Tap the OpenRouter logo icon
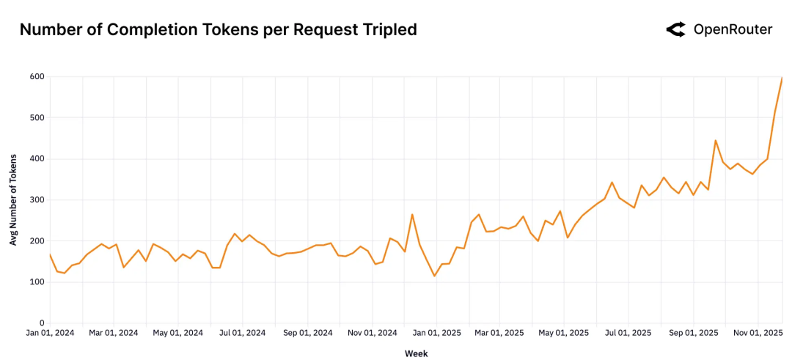(675, 30)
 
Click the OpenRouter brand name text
(733, 30)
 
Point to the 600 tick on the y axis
(37, 77)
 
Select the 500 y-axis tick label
(37, 118)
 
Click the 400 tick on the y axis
(37, 159)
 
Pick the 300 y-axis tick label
(37, 200)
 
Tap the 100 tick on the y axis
(37, 282)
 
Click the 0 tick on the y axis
(42, 323)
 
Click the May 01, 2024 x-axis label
(177, 334)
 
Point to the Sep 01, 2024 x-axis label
(308, 334)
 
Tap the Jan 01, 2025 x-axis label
(436, 334)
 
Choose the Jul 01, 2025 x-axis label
(628, 334)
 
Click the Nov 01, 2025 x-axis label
(758, 334)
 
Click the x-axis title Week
(416, 353)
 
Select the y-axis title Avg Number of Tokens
(14, 200)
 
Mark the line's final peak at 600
(782, 78)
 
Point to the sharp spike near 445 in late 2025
(715, 140)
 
